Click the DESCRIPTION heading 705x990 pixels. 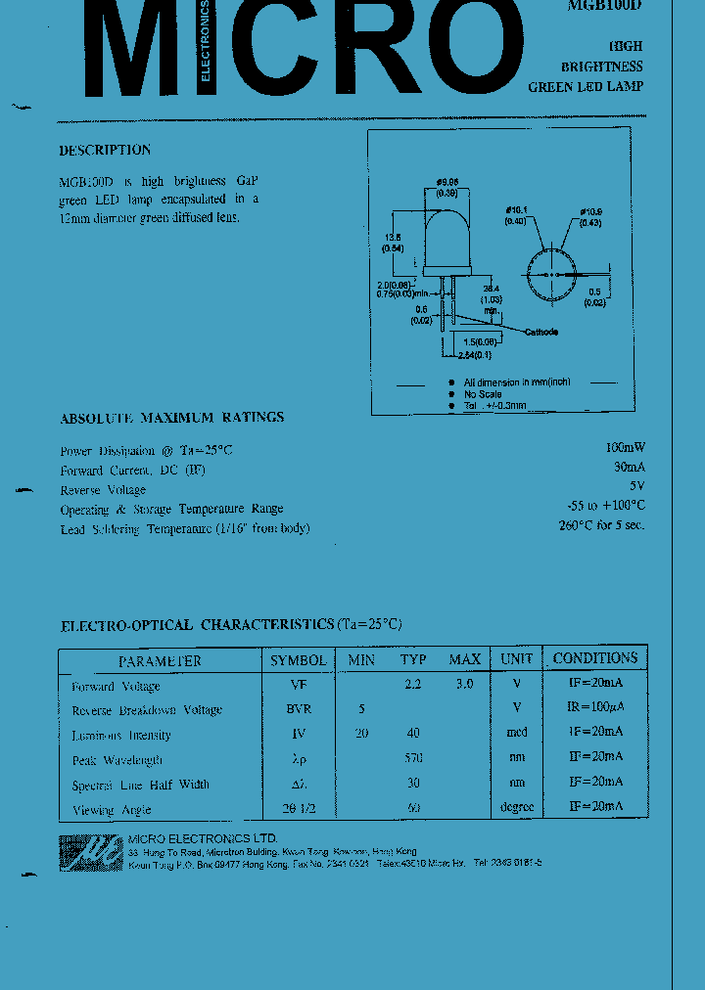coord(105,151)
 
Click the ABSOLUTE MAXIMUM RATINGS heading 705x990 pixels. coord(171,418)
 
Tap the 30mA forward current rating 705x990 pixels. coord(628,469)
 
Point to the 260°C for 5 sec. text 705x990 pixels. coord(601,525)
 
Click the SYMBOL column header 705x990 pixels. coord(299,660)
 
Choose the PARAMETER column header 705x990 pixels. coord(160,661)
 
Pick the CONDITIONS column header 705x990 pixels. coord(594,658)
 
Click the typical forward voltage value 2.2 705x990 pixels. coord(412,685)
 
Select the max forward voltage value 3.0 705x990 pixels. coord(464,685)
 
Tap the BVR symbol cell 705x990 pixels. coord(299,709)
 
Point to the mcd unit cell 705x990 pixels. coord(516,733)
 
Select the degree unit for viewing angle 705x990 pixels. coord(516,807)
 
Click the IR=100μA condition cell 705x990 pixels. coord(595,707)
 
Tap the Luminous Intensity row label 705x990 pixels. coord(121,735)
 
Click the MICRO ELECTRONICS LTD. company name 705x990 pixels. coord(203,839)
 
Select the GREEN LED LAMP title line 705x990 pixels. coord(586,86)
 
